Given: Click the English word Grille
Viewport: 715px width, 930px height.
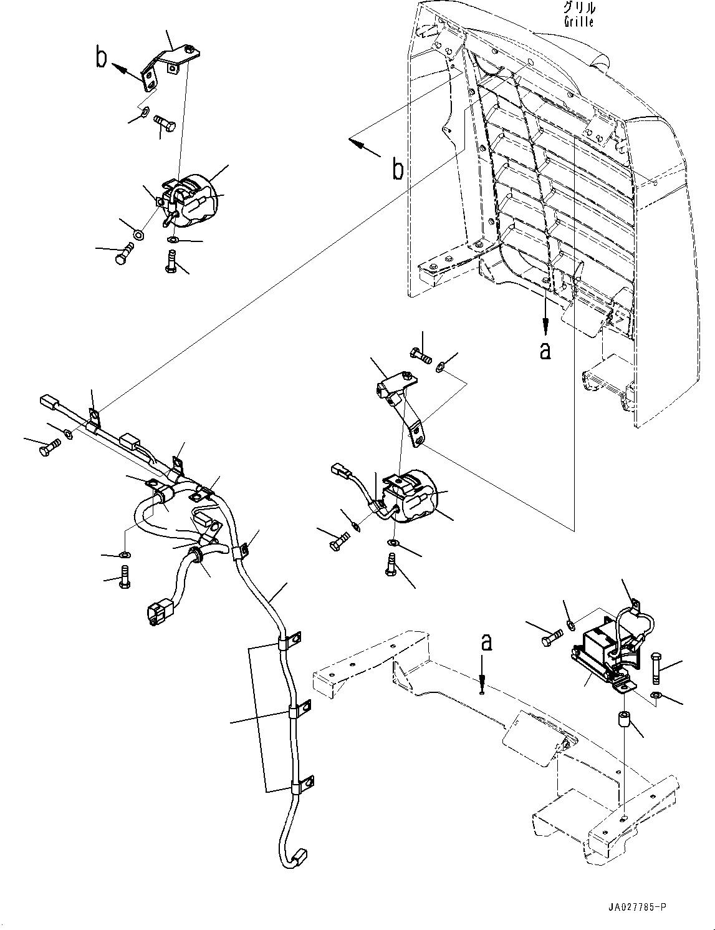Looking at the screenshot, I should (x=578, y=22).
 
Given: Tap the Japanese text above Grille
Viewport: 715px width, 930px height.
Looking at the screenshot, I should (x=578, y=9).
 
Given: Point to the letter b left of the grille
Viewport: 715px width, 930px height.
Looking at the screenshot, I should (x=397, y=169).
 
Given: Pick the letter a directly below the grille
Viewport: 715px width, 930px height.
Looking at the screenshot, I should (x=545, y=351).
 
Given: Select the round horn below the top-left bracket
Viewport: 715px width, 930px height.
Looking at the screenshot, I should (x=190, y=199).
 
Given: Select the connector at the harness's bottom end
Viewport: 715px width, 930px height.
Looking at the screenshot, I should (x=299, y=856).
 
